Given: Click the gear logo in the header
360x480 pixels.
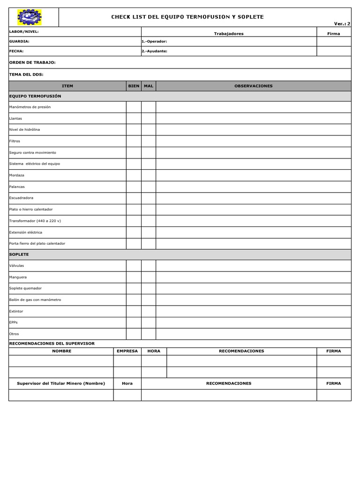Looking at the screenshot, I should pyautogui.click(x=30, y=17).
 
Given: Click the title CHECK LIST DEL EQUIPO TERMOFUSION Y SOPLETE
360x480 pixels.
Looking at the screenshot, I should pyautogui.click(x=187, y=17).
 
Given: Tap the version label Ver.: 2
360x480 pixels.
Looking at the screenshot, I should pyautogui.click(x=342, y=23).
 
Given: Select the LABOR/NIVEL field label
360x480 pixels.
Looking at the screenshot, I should pyautogui.click(x=24, y=31).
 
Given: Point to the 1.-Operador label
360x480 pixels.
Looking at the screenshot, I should pyautogui.click(x=154, y=41).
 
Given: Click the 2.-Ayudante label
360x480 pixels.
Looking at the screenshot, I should pyautogui.click(x=154, y=51).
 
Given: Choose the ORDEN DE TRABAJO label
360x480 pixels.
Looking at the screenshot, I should pyautogui.click(x=32, y=62).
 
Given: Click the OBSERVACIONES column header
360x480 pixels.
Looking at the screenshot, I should pyautogui.click(x=253, y=86).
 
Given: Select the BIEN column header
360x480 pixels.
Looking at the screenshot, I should pyautogui.click(x=134, y=86).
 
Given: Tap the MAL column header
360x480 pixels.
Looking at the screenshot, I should pyautogui.click(x=149, y=86).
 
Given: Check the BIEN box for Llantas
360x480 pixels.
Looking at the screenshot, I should pyautogui.click(x=134, y=119).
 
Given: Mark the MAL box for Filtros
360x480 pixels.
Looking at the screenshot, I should pyautogui.click(x=149, y=141).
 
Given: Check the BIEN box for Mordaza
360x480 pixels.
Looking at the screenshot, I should pyautogui.click(x=134, y=175).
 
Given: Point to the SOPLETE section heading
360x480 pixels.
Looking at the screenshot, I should pyautogui.click(x=19, y=254).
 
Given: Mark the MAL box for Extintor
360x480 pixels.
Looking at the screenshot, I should pyautogui.click(x=149, y=311).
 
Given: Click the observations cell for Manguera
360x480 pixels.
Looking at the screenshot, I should pyautogui.click(x=253, y=277).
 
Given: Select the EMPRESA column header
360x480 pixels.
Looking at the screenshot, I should pyautogui.click(x=127, y=351).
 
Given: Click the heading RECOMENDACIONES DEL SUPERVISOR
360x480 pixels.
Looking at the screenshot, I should pyautogui.click(x=52, y=344).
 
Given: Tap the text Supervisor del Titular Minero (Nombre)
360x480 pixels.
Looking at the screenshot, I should pyautogui.click(x=61, y=383).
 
